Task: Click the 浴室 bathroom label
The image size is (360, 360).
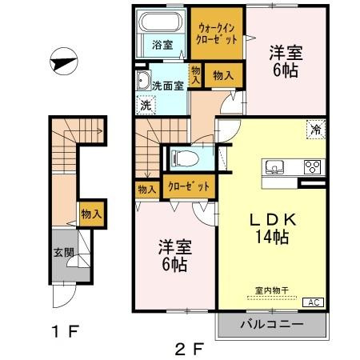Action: pyautogui.click(x=162, y=45)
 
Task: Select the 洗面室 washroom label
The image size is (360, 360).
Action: pyautogui.click(x=168, y=85)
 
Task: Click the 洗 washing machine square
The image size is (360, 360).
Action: pyautogui.click(x=146, y=103)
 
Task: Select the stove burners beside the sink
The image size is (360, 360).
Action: pyautogui.click(x=311, y=168)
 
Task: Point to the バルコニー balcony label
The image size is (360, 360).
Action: pyautogui.click(x=273, y=326)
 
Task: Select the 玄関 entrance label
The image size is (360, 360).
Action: pyautogui.click(x=62, y=253)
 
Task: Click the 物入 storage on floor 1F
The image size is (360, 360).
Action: pyautogui.click(x=90, y=214)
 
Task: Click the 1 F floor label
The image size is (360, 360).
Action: pyautogui.click(x=67, y=330)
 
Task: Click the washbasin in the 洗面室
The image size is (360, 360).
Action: pyautogui.click(x=143, y=82)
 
